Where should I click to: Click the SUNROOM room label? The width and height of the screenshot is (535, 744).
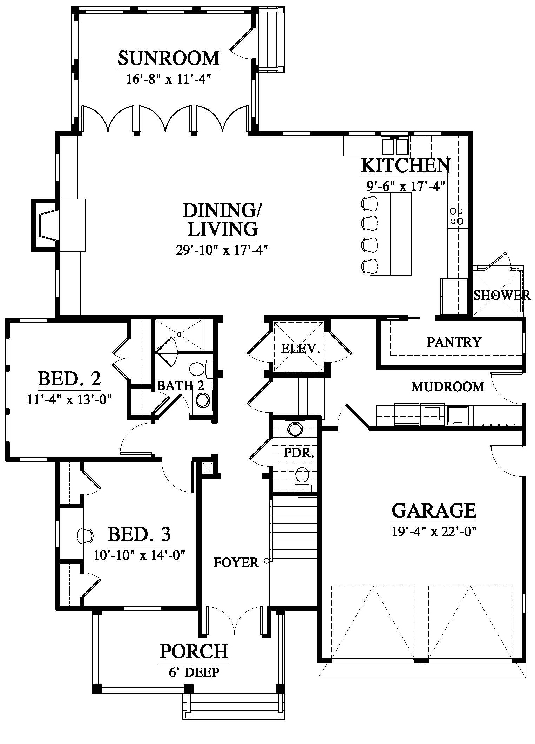pos(169,58)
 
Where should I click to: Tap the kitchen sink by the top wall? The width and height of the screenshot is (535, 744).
pos(395,146)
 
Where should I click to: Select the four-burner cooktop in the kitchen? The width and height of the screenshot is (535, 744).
pos(457,216)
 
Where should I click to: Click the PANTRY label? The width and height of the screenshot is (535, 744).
pos(454,342)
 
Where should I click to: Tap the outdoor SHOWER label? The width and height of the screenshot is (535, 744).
pos(502,295)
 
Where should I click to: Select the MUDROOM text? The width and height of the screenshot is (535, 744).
pos(448,387)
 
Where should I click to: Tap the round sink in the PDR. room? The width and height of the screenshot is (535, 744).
pos(295,429)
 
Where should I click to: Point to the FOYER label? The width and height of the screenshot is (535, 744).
pos(236,563)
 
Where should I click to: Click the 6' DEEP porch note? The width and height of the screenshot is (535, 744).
pos(194,672)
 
